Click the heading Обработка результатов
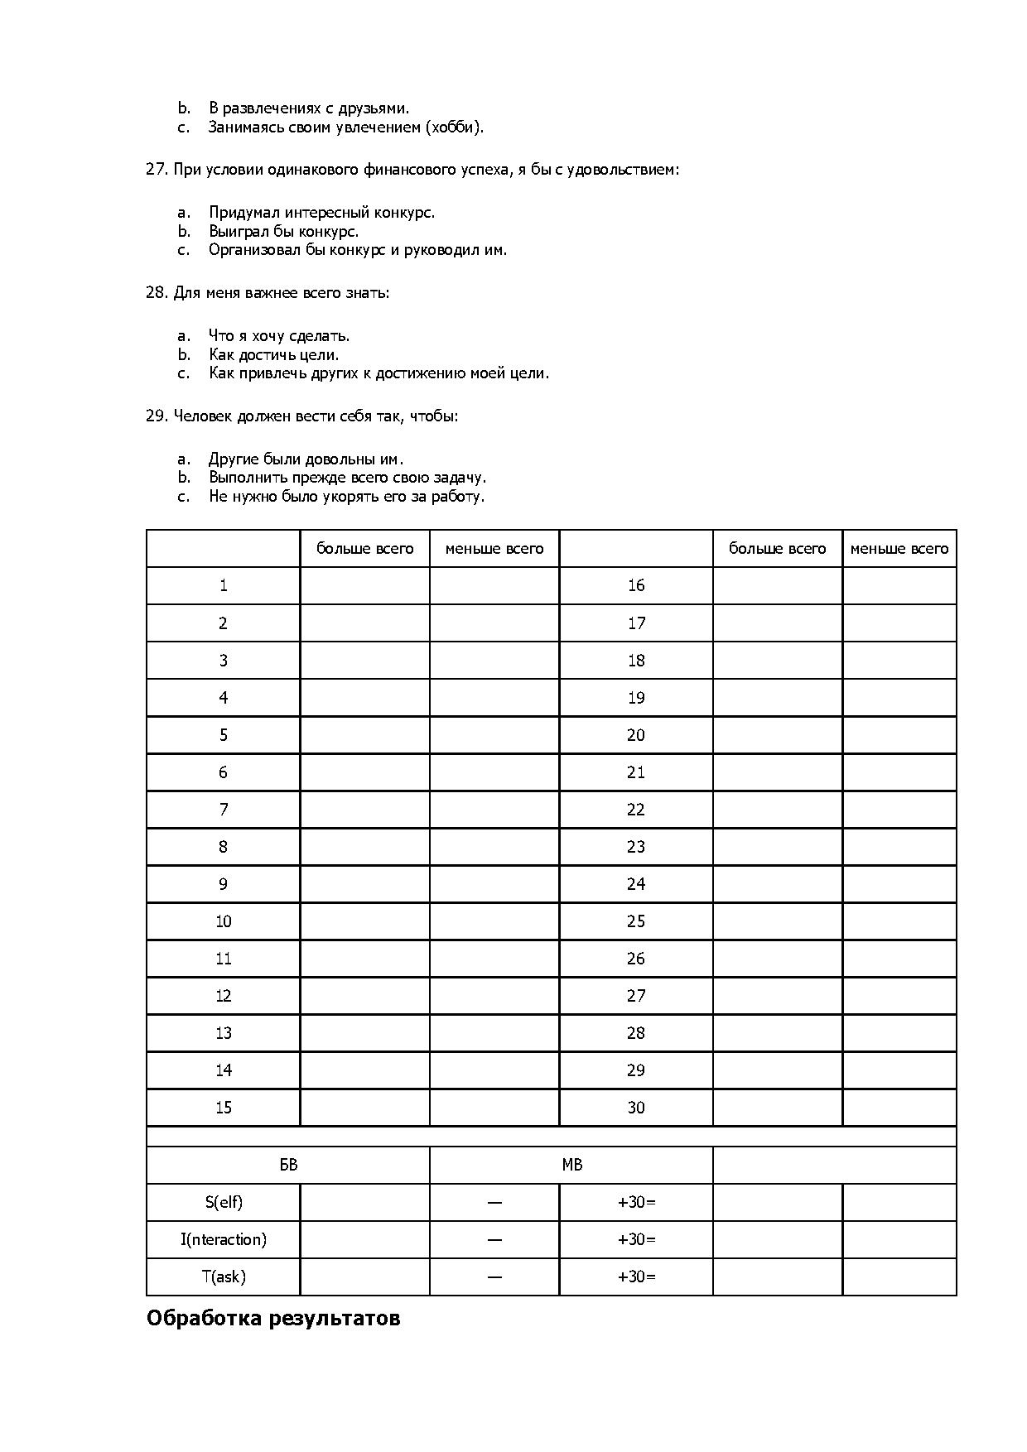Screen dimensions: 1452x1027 (272, 1318)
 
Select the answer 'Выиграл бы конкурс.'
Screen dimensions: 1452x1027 (283, 231)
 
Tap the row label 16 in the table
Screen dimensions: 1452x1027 (635, 585)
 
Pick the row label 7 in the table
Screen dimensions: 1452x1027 (223, 810)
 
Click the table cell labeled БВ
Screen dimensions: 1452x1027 (287, 1165)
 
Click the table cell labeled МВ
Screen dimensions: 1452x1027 (571, 1165)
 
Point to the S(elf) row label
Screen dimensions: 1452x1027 (223, 1202)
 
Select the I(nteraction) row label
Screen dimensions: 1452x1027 (223, 1239)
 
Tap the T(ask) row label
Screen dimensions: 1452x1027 (223, 1277)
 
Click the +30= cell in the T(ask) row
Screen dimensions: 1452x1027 (635, 1277)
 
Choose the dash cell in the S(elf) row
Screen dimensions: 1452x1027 (494, 1202)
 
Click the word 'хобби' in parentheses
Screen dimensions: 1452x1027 (452, 127)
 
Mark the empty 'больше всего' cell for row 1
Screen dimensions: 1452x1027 (364, 585)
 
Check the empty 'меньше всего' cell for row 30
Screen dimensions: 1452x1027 (899, 1108)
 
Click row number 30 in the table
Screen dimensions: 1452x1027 (635, 1108)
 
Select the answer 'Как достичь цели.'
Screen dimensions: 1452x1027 (273, 354)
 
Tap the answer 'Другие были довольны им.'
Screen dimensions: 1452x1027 (306, 459)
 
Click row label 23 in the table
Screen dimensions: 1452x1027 (635, 847)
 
